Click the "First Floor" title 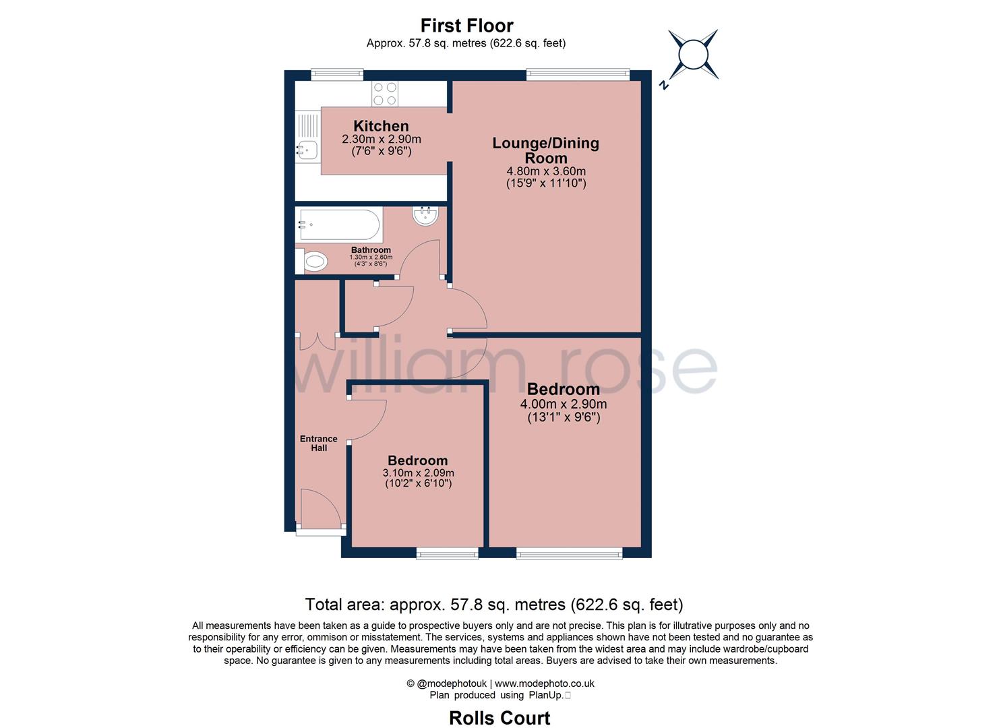pyautogui.click(x=466, y=26)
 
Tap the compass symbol pyautogui.click(x=692, y=55)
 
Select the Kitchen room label pyautogui.click(x=381, y=126)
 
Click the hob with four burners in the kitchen pyautogui.click(x=385, y=94)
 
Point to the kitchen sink pyautogui.click(x=307, y=150)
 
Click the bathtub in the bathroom pyautogui.click(x=340, y=225)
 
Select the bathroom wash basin pyautogui.click(x=425, y=216)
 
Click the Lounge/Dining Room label pyautogui.click(x=545, y=150)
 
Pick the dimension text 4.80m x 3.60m pyautogui.click(x=545, y=171)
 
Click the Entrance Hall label pyautogui.click(x=319, y=443)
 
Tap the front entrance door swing pyautogui.click(x=318, y=510)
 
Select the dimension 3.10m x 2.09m pyautogui.click(x=418, y=473)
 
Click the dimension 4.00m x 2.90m pyautogui.click(x=563, y=404)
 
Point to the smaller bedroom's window pyautogui.click(x=447, y=554)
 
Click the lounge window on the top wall pyautogui.click(x=578, y=75)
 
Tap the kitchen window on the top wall pyautogui.click(x=337, y=75)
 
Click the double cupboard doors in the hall pyautogui.click(x=317, y=341)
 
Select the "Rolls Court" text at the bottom pyautogui.click(x=499, y=718)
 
